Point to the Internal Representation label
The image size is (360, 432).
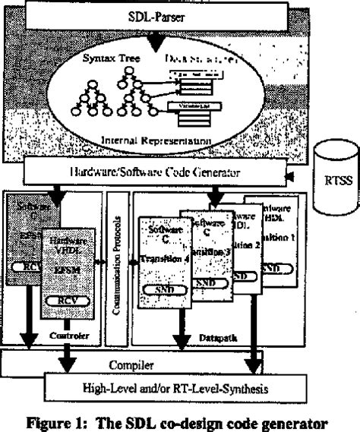159,141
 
